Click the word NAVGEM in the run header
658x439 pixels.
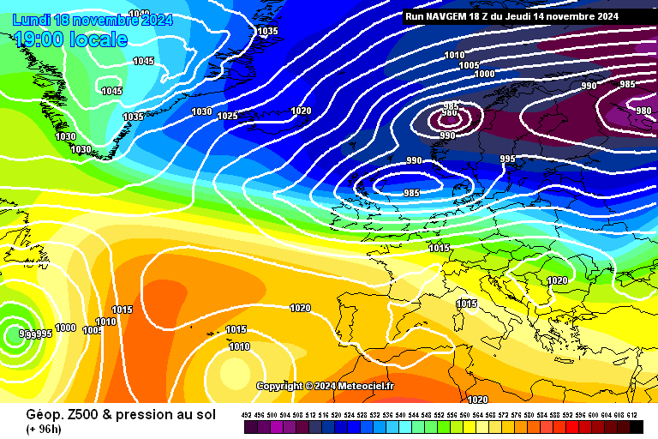(446, 16)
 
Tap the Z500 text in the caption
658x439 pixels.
(75, 414)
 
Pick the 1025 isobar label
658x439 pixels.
(227, 116)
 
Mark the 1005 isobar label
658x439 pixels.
(469, 66)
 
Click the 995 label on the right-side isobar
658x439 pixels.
(507, 159)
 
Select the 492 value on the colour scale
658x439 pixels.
(247, 415)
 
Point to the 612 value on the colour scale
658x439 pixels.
(632, 415)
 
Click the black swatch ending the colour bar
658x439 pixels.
(637, 426)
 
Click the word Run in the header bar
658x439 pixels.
(415, 16)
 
